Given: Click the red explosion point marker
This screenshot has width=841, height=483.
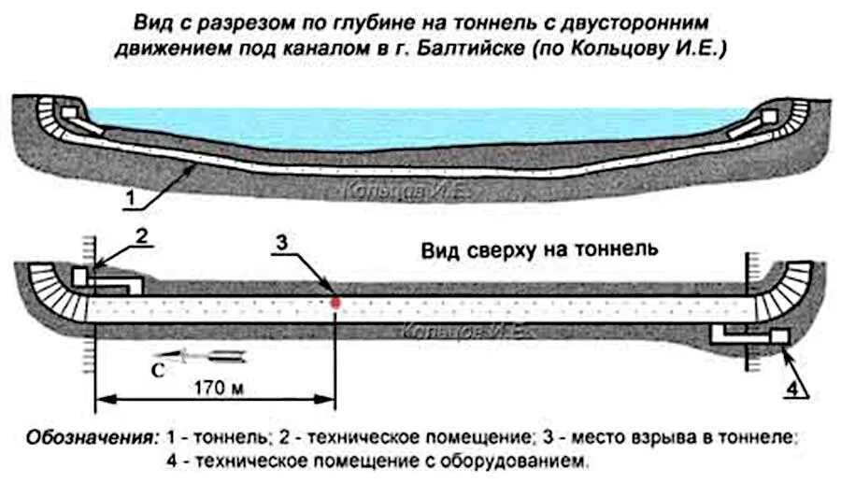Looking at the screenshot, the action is [x=335, y=302].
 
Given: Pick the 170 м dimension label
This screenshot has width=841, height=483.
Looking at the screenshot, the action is [x=216, y=386].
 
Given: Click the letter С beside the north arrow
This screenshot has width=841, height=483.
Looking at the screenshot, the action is [x=159, y=369].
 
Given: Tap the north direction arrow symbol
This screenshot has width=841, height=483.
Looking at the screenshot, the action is [x=211, y=354].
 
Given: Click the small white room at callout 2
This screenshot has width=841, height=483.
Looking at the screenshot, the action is [x=81, y=277].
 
